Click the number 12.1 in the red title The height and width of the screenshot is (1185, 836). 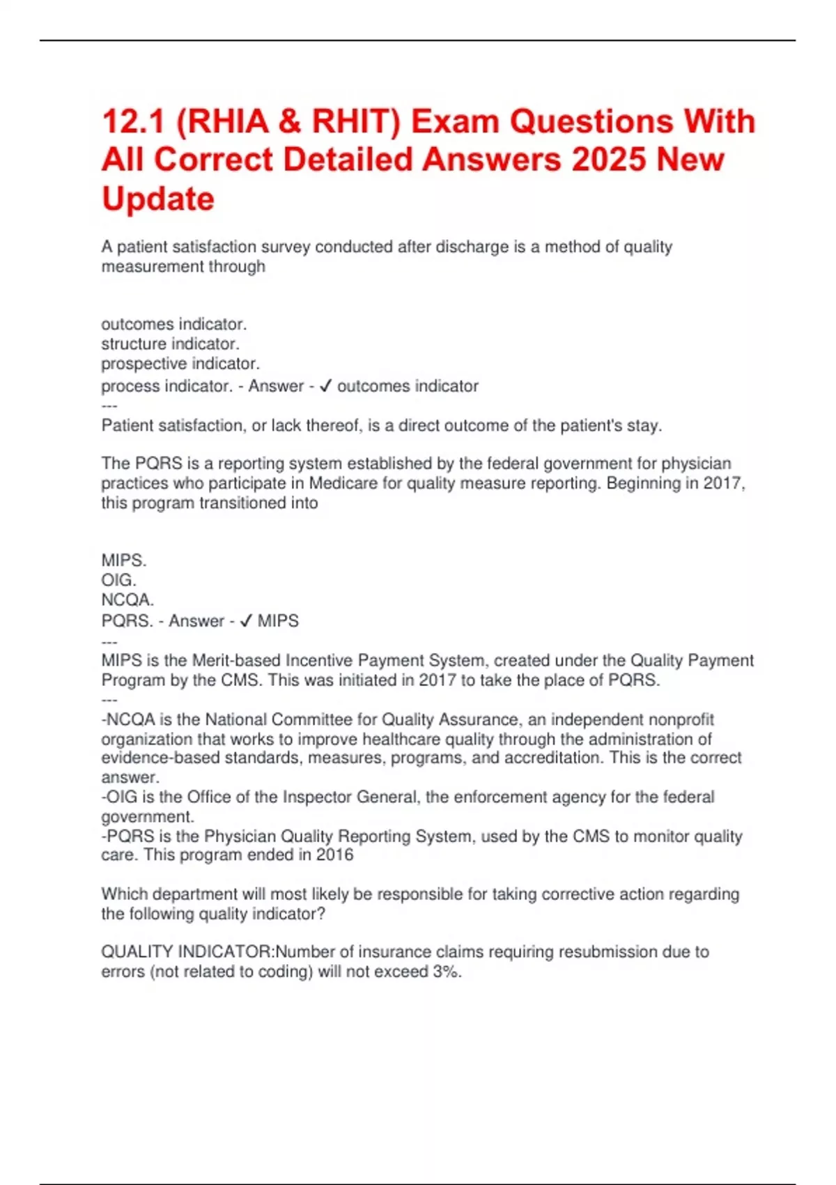133,122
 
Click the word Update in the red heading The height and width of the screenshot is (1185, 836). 158,199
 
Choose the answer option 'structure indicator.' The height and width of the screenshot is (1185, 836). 170,344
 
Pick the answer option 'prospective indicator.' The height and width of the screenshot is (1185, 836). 180,363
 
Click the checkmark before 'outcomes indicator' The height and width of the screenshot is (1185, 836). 325,386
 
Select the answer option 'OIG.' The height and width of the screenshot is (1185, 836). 118,580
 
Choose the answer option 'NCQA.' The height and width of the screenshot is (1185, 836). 127,599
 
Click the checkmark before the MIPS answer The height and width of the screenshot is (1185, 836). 245,621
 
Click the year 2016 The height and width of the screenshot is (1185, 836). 334,855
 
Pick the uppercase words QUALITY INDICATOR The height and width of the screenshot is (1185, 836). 187,951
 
